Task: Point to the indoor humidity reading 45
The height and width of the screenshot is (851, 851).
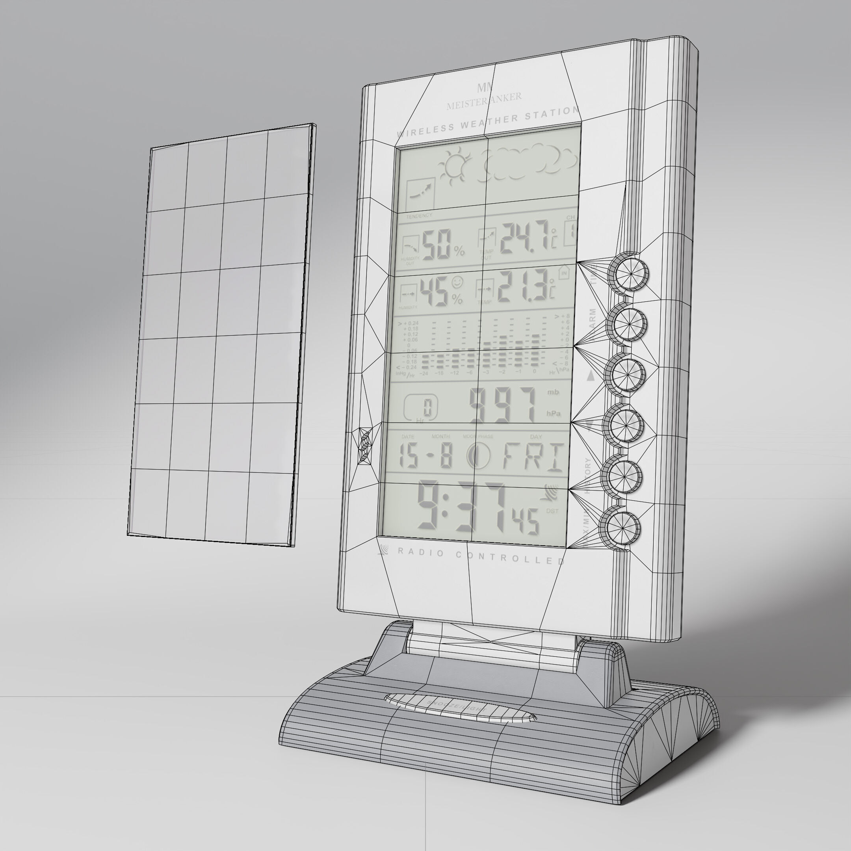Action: [434, 291]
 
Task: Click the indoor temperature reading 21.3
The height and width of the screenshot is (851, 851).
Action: [520, 286]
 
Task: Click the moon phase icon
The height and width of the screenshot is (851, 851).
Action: [478, 455]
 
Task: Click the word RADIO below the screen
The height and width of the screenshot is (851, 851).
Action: [421, 552]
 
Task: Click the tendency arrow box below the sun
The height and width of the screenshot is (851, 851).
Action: [420, 194]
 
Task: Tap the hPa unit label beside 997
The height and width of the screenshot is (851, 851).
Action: [553, 413]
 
